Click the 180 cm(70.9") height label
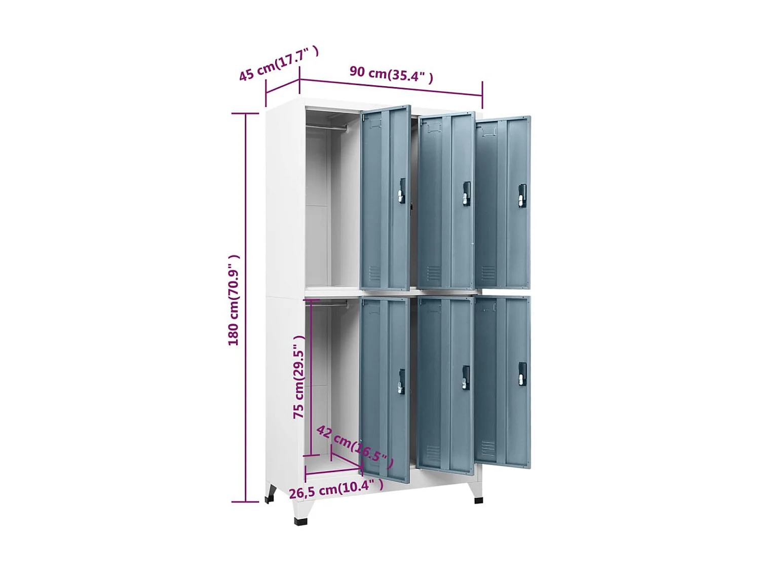coord(233,300)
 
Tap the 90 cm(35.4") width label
coord(391,74)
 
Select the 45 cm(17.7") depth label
coord(278,63)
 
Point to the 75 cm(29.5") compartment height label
coord(299,377)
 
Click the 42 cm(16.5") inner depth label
coord(355,446)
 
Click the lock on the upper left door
coord(401,191)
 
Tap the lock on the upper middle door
coord(466,194)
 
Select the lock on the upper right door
coord(522,195)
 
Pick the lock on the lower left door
coord(401,381)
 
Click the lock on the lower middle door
coord(466,377)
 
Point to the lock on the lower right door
coord(522,374)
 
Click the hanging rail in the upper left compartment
coord(327,127)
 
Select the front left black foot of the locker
coord(300,520)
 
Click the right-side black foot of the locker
coord(478,500)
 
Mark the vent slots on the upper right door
coord(488,273)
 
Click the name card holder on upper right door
coord(488,132)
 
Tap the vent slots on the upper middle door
coord(434,273)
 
